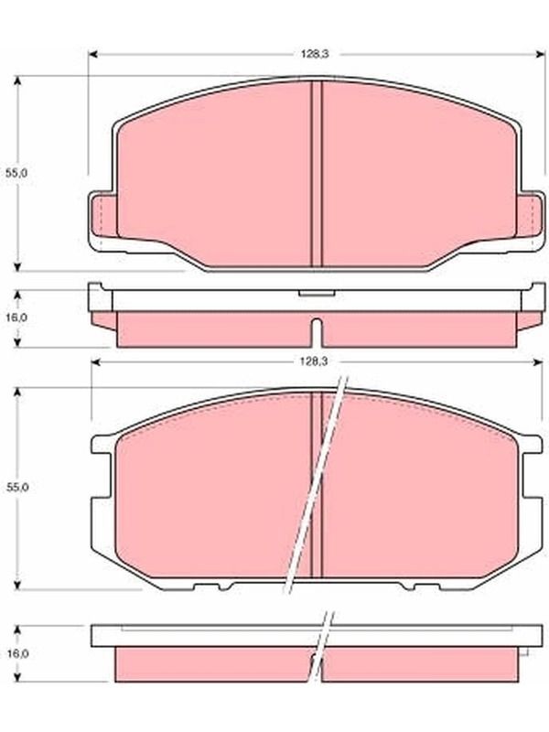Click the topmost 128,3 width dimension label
pyautogui.click(x=314, y=54)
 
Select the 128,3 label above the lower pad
pyautogui.click(x=314, y=361)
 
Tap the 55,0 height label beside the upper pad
pyautogui.click(x=16, y=173)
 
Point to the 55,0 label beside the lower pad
pyautogui.click(x=16, y=487)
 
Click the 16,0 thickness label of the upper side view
pyautogui.click(x=16, y=318)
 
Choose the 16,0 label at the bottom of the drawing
pyautogui.click(x=17, y=653)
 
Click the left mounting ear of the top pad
pyautogui.click(x=102, y=221)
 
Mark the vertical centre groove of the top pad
pyautogui.click(x=317, y=174)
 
